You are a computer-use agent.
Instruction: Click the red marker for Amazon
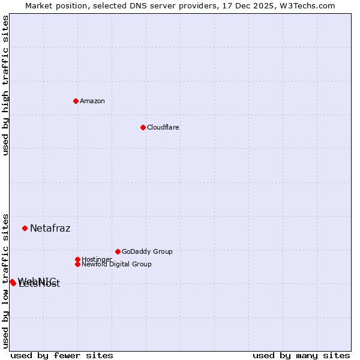(x=76, y=101)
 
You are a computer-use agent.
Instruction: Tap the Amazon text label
(x=92, y=101)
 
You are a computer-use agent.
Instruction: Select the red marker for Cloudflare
(x=143, y=127)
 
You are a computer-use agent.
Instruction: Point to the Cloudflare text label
(x=163, y=127)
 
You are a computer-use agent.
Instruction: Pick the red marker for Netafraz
(x=25, y=228)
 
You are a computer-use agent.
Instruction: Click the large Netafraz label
(x=50, y=228)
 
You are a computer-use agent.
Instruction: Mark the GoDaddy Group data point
(x=118, y=251)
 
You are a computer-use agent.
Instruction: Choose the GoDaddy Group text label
(x=147, y=251)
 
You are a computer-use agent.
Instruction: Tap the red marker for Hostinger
(x=77, y=259)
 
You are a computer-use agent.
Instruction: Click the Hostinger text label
(x=97, y=259)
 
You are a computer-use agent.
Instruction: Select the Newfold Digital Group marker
(x=77, y=264)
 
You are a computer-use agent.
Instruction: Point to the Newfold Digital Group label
(x=116, y=264)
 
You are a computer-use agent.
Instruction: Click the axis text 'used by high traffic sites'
(x=5, y=85)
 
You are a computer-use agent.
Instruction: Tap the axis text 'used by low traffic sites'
(x=5, y=280)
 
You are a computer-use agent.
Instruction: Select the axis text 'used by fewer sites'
(x=62, y=355)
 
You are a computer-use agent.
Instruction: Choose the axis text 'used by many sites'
(x=301, y=355)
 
